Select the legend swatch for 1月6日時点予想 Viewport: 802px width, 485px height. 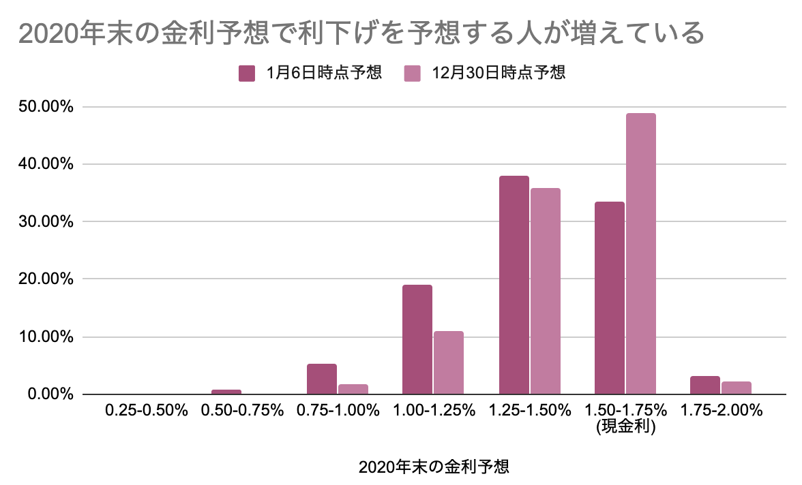[247, 73]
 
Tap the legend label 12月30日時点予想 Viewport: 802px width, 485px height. [498, 73]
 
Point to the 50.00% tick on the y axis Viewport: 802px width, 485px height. [46, 107]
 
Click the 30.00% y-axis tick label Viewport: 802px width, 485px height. [46, 222]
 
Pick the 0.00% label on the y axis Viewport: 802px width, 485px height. [50, 394]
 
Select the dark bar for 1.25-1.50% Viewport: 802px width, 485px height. [514, 285]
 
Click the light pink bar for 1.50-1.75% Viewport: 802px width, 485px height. [641, 254]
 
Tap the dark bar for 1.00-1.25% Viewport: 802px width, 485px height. [417, 340]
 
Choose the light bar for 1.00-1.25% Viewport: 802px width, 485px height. [449, 363]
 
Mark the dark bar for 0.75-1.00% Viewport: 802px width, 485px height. [322, 379]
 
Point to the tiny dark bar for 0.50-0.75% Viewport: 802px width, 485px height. [226, 392]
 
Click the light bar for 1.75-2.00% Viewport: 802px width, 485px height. [737, 388]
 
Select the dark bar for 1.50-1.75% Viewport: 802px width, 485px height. [610, 298]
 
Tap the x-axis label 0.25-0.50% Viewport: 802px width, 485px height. [146, 410]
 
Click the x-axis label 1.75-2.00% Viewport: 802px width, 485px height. [722, 410]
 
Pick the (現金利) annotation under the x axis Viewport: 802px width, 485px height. [625, 426]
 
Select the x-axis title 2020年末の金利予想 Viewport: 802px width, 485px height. [434, 467]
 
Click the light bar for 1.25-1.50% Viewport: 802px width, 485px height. [546, 292]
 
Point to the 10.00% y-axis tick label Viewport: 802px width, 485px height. [46, 337]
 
